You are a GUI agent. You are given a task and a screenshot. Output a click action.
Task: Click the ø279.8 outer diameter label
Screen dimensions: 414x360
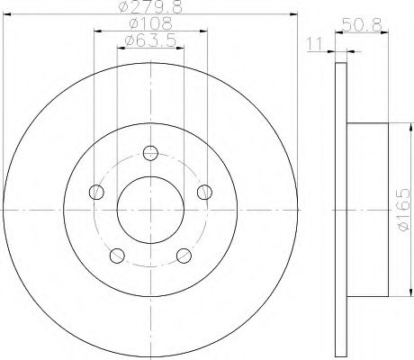150,6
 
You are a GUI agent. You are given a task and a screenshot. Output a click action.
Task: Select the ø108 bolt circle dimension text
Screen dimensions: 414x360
150,23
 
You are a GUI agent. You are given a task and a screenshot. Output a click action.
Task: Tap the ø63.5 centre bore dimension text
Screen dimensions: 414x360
150,40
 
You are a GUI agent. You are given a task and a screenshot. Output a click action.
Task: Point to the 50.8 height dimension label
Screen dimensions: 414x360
362,25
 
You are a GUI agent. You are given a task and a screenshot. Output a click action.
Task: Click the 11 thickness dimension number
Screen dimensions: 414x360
314,44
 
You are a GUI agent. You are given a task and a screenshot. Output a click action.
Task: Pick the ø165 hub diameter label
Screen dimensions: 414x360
402,210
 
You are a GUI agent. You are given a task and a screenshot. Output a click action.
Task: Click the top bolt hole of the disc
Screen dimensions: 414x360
150,153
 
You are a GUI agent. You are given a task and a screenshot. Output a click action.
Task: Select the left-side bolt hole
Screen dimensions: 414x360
96,192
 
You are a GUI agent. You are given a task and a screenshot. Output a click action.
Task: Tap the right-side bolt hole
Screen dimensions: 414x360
204,192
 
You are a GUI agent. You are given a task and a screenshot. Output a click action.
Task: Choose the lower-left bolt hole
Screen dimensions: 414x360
117,256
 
